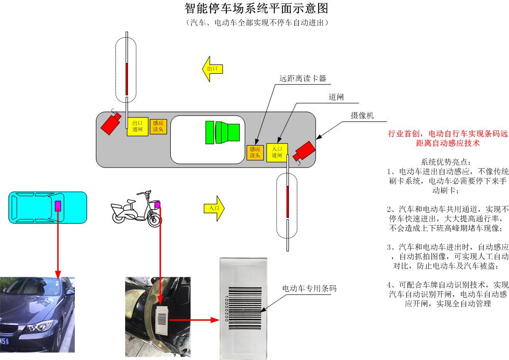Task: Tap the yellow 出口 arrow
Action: point(213,68)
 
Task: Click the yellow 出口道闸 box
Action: point(137,126)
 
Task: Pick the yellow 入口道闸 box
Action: point(277,152)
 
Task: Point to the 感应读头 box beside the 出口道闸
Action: point(158,126)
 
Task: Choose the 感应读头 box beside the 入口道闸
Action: point(254,152)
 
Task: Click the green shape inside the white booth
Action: point(222,132)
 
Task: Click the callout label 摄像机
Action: point(362,115)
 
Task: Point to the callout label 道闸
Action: point(336,97)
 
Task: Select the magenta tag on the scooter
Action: point(158,205)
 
